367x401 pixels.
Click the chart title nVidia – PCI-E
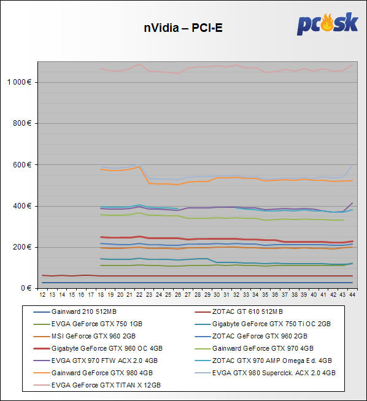click(183, 28)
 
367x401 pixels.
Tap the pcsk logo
click(327, 24)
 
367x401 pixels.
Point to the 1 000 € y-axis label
click(19, 82)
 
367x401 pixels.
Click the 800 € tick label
click(22, 123)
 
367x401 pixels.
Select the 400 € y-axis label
click(22, 206)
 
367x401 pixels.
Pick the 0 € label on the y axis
click(26, 288)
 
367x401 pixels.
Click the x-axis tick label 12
click(42, 295)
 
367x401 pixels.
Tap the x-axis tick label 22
click(139, 295)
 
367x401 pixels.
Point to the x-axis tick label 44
click(352, 295)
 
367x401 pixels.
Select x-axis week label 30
click(217, 295)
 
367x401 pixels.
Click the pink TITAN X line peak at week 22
click(139, 64)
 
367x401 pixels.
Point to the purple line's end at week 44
click(352, 203)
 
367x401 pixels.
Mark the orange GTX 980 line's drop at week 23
click(149, 183)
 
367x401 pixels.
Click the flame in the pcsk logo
click(327, 23)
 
